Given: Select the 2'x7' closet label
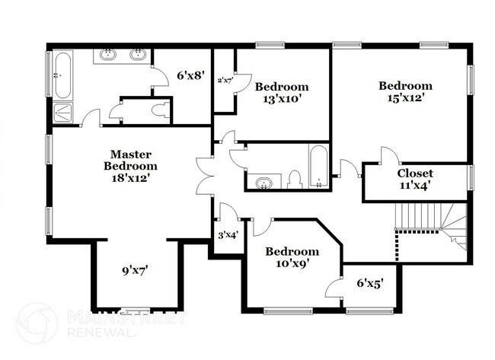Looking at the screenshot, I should click(x=225, y=80).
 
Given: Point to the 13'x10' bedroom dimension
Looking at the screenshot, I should click(x=282, y=99).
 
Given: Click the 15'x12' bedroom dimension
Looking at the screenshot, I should click(x=405, y=97).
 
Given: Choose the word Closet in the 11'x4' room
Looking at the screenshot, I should click(x=415, y=173).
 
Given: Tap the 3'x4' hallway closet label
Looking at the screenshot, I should click(x=228, y=234).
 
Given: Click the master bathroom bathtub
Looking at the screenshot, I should click(x=61, y=76).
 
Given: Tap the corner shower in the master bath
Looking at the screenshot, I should click(x=62, y=113).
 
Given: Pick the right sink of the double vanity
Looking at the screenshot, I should click(x=138, y=55).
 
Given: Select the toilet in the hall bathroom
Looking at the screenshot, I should click(x=295, y=180).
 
